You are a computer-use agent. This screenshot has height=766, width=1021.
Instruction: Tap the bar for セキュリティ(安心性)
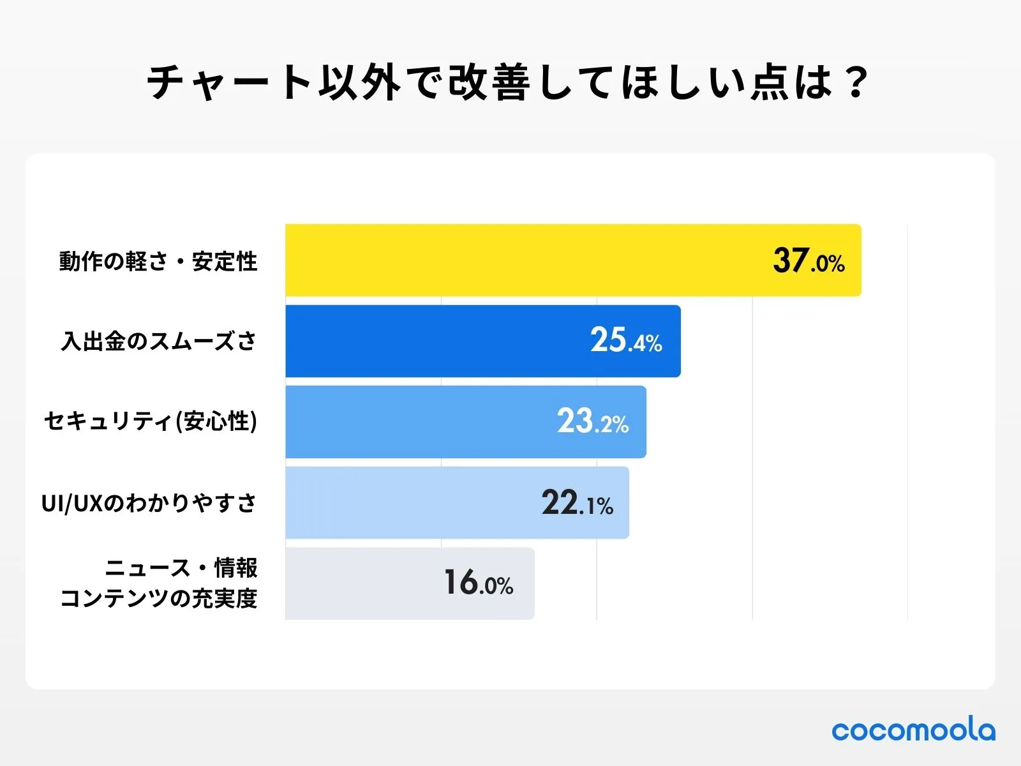[415, 422]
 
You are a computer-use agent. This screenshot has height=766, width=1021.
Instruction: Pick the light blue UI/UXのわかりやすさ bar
[408, 503]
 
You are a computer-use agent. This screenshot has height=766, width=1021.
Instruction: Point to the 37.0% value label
[809, 261]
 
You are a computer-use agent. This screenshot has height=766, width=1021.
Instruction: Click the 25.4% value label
[626, 340]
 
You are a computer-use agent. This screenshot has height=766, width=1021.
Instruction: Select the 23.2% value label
[593, 421]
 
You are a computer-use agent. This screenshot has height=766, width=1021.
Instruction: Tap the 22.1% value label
[578, 503]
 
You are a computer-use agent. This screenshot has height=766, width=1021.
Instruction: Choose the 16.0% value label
[479, 583]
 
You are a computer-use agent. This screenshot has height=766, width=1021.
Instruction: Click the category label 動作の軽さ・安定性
[158, 262]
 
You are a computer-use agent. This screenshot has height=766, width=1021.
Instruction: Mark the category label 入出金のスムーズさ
[159, 342]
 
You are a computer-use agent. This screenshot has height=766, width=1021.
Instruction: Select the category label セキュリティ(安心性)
[151, 421]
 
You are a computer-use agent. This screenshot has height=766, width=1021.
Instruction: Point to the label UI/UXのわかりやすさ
[149, 503]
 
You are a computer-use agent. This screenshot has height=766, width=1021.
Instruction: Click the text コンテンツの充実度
[159, 598]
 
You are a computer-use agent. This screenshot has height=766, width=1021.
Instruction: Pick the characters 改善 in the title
[488, 82]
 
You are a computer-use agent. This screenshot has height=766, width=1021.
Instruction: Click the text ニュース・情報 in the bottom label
[181, 567]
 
